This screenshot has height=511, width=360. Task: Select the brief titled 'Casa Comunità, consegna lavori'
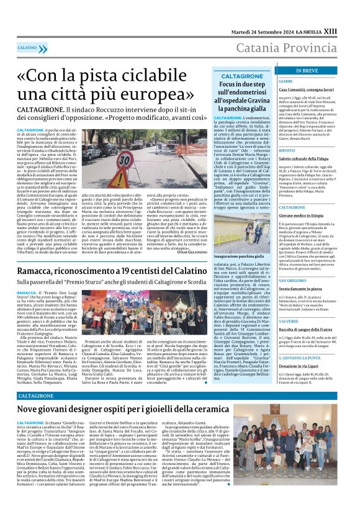coord(306,89)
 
